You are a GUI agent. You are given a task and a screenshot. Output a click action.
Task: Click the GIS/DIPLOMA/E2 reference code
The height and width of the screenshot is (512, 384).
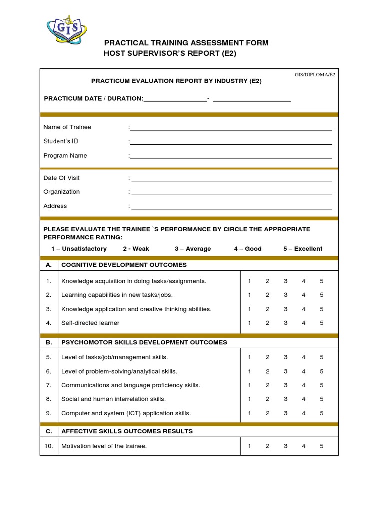tap(315, 74)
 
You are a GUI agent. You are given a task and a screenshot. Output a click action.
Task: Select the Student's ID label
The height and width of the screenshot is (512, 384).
tap(61, 141)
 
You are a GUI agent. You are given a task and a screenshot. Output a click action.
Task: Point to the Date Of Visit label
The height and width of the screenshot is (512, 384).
tap(61, 178)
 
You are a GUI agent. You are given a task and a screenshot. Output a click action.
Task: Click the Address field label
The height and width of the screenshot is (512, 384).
tap(55, 206)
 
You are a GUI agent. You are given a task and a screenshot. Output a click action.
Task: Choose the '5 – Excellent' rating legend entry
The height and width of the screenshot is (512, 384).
tap(303, 249)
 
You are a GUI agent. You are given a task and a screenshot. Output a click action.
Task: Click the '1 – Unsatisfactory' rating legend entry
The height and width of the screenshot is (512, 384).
tap(79, 249)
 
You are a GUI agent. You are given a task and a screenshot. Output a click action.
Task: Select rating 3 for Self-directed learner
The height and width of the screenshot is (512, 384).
tap(286, 323)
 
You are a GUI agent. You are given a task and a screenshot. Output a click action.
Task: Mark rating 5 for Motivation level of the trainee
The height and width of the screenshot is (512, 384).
tap(322, 446)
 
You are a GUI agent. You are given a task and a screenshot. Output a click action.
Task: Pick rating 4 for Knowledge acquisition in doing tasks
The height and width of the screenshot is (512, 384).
tap(303, 281)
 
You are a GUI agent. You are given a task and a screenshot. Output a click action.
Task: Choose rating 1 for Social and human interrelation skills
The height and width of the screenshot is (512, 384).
tap(249, 399)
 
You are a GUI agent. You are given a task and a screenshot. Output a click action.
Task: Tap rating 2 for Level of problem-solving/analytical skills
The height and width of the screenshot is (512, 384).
tap(267, 371)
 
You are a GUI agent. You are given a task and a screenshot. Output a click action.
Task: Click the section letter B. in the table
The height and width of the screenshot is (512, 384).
tap(49, 342)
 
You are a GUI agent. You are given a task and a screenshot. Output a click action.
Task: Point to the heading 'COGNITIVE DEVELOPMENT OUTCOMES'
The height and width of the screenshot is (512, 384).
tap(124, 265)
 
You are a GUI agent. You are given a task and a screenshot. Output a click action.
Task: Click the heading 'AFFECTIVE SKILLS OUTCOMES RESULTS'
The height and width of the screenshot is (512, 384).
tap(127, 431)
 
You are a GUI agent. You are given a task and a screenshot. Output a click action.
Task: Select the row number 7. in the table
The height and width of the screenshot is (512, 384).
tap(49, 385)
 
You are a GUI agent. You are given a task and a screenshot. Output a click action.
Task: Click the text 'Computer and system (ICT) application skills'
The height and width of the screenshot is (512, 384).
tap(126, 413)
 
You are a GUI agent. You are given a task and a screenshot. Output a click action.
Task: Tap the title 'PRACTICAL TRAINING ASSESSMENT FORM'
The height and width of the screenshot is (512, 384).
tap(186, 43)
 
